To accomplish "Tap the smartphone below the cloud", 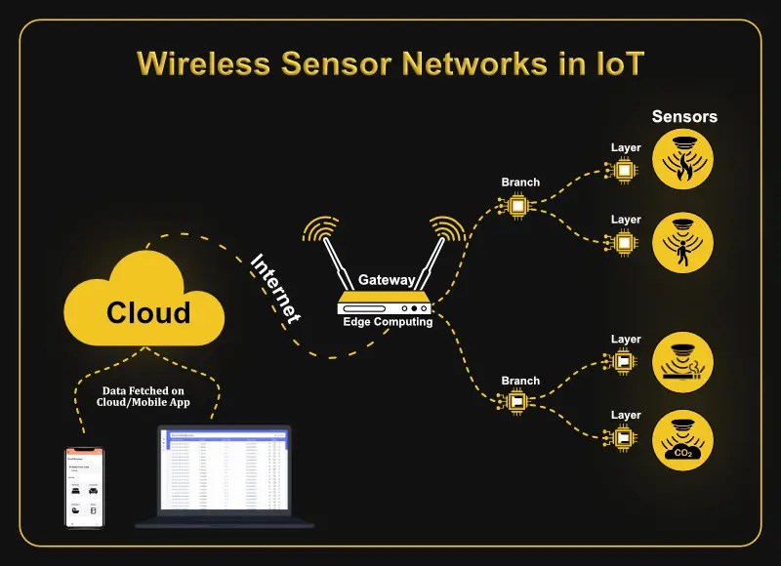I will point(84,487).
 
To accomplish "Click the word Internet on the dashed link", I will point(276,290).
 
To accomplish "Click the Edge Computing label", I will point(388,322).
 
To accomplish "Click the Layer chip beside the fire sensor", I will point(625,170).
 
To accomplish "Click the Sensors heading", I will point(684,117).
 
